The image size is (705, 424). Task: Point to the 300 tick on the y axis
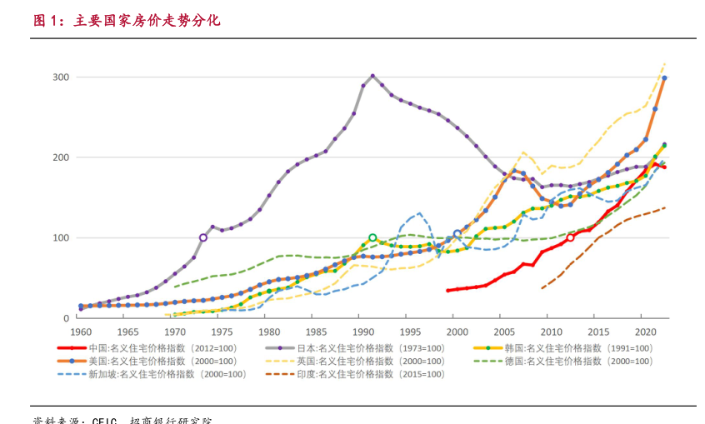tap(62, 77)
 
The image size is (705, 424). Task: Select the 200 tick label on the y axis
tap(62, 157)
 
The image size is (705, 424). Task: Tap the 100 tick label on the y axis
tap(62, 238)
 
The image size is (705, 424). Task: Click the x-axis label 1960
tap(81, 331)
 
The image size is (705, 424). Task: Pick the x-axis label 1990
tap(358, 331)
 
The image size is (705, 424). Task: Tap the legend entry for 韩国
tap(566, 348)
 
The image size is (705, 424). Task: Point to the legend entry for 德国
tap(566, 362)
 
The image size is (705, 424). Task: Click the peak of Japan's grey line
tap(372, 76)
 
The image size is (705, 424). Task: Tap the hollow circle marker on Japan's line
tap(202, 237)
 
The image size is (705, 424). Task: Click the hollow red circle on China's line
tap(570, 237)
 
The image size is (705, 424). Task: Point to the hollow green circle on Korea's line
tap(372, 237)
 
